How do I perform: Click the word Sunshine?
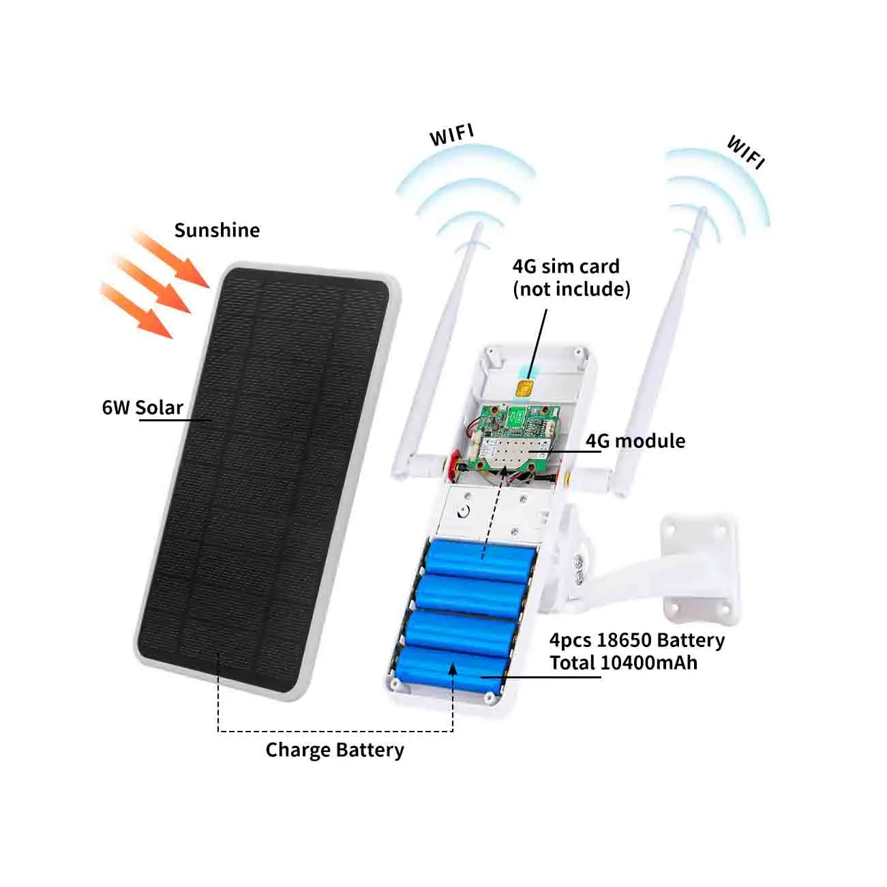point(217,230)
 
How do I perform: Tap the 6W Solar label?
point(142,408)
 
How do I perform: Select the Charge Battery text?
point(335,750)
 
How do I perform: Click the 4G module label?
point(635,441)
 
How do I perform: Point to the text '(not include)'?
point(571,289)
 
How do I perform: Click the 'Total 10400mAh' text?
point(624,663)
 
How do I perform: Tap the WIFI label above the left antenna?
point(451,135)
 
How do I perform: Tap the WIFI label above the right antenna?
point(746,152)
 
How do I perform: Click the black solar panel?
point(266,477)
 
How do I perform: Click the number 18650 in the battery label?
point(623,640)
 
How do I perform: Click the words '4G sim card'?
point(566,267)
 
